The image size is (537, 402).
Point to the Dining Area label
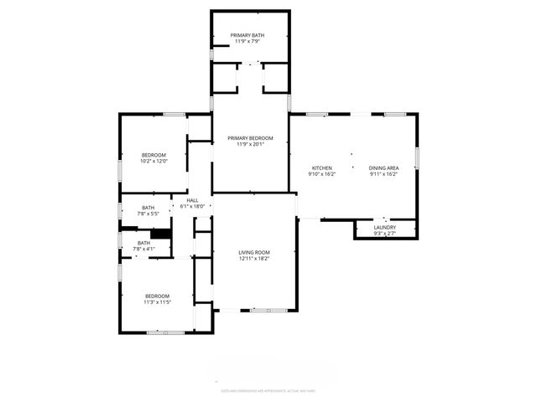tap(383, 168)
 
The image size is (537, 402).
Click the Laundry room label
tap(385, 227)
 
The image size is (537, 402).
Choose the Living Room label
tap(253, 252)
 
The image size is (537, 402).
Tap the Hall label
tap(192, 201)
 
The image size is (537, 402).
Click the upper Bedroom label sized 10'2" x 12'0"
tap(154, 155)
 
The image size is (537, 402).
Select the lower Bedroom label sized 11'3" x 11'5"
tap(157, 296)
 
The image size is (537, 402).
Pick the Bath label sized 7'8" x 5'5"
tap(148, 208)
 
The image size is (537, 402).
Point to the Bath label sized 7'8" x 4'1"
tap(144, 243)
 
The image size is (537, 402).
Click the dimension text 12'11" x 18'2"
tap(253, 259)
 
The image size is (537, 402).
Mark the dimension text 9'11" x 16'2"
tap(383, 174)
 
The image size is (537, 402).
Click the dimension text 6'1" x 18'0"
tap(192, 207)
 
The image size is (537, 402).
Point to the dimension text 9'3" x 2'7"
tap(385, 234)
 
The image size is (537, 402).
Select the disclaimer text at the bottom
tap(268, 390)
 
